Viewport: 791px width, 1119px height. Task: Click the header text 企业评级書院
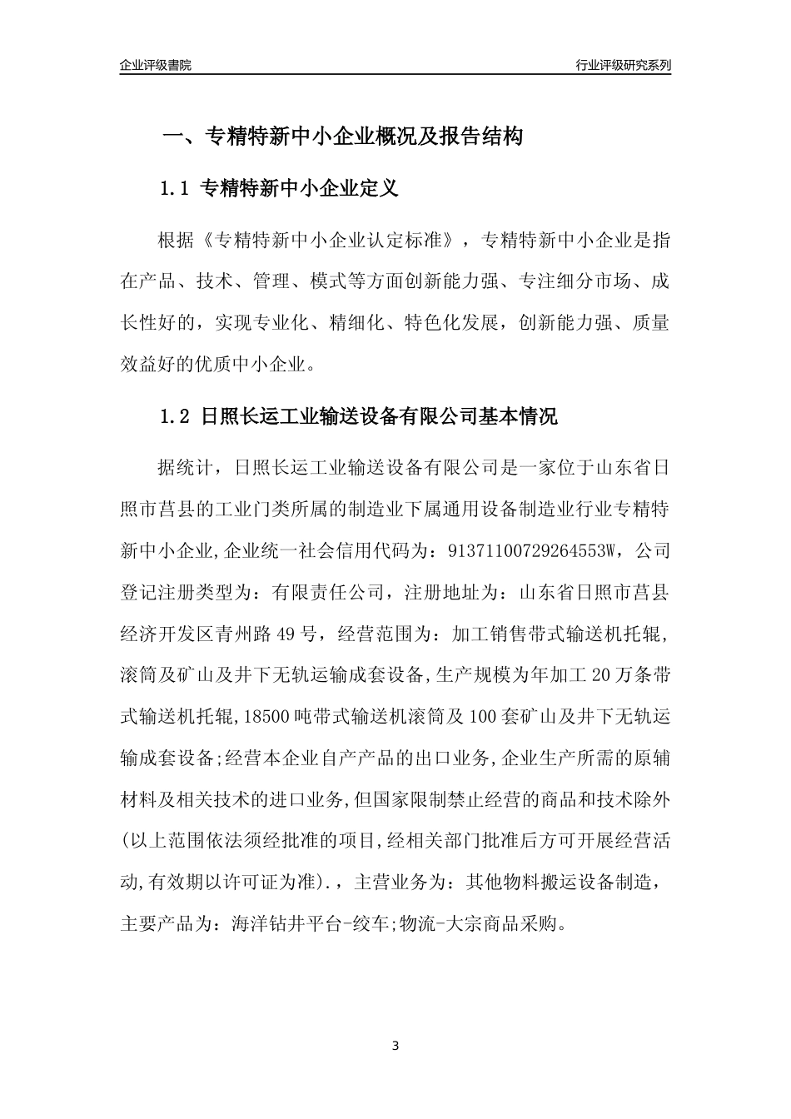click(156, 65)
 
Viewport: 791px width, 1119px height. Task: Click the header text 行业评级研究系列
click(623, 65)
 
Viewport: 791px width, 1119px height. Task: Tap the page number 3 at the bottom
click(395, 1046)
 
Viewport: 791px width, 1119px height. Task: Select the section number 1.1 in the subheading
click(176, 190)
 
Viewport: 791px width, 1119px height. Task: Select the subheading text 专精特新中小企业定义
click(301, 190)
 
